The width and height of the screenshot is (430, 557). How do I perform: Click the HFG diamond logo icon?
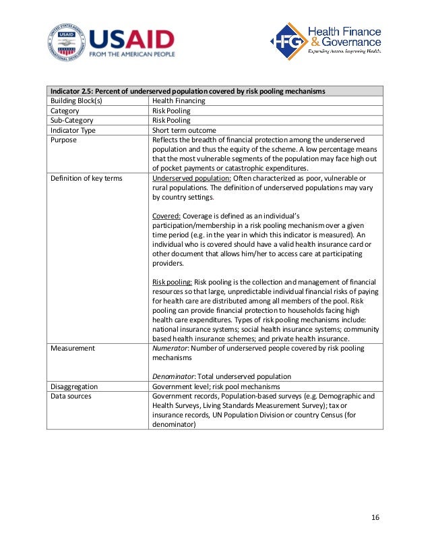286,41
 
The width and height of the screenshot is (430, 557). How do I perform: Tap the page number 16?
375,517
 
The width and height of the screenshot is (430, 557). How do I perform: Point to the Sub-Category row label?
71,120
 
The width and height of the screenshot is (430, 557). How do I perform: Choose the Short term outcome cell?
184,130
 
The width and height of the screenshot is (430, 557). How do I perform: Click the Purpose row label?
64,140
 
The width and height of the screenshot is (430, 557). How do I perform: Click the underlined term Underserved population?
191,178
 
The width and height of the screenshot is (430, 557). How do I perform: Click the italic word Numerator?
173,348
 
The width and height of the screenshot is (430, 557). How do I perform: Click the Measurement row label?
73,348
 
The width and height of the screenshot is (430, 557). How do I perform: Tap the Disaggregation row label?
74,386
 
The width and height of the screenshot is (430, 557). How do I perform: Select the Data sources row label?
71,396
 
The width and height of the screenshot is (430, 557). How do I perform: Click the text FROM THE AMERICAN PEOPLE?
132,54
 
